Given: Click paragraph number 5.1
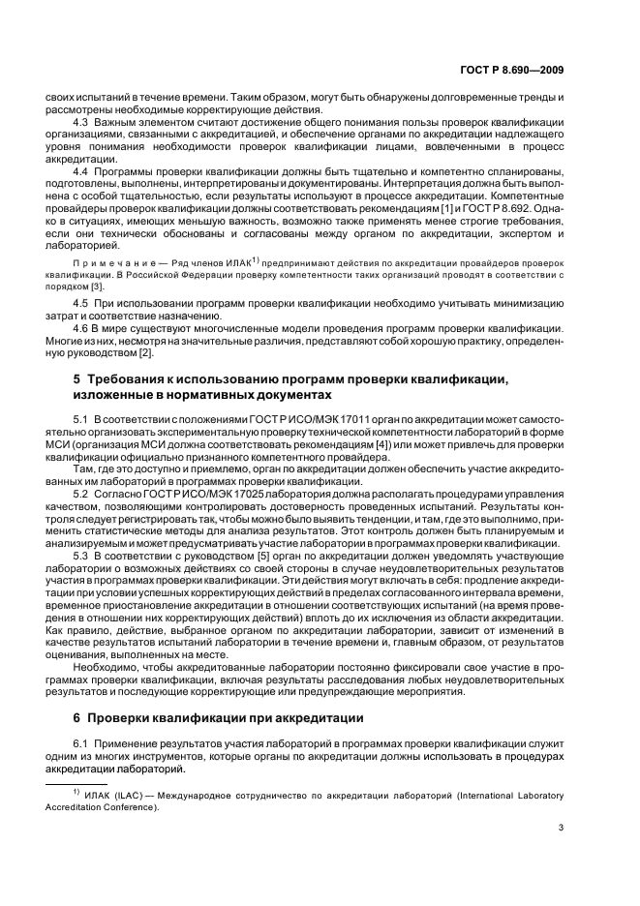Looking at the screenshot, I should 81,417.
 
